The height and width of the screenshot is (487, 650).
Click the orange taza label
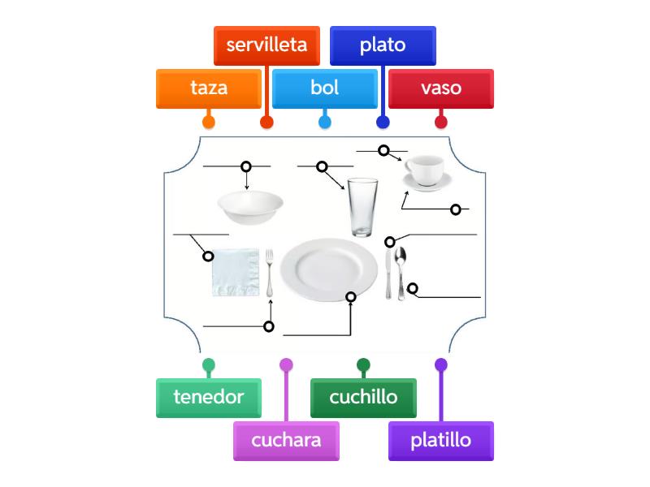(x=209, y=88)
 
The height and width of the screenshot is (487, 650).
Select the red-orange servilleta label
(x=266, y=45)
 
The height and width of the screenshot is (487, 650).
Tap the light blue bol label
(x=325, y=88)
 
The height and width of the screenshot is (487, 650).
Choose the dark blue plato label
(x=383, y=45)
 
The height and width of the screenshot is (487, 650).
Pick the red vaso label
(x=441, y=88)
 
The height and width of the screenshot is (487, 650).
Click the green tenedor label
(x=209, y=398)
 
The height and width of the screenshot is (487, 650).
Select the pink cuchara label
(x=286, y=441)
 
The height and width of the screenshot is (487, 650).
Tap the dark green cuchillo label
(x=363, y=398)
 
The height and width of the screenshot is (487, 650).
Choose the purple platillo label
(x=441, y=441)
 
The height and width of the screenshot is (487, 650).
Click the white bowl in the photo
(x=249, y=207)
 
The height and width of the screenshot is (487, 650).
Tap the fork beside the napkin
(x=270, y=272)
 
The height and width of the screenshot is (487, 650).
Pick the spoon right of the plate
(x=400, y=268)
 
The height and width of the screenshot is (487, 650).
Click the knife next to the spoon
(x=388, y=276)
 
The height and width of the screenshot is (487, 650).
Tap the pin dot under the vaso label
(x=441, y=123)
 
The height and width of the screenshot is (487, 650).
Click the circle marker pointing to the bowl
(x=246, y=166)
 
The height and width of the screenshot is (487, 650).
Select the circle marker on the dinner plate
(x=351, y=297)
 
